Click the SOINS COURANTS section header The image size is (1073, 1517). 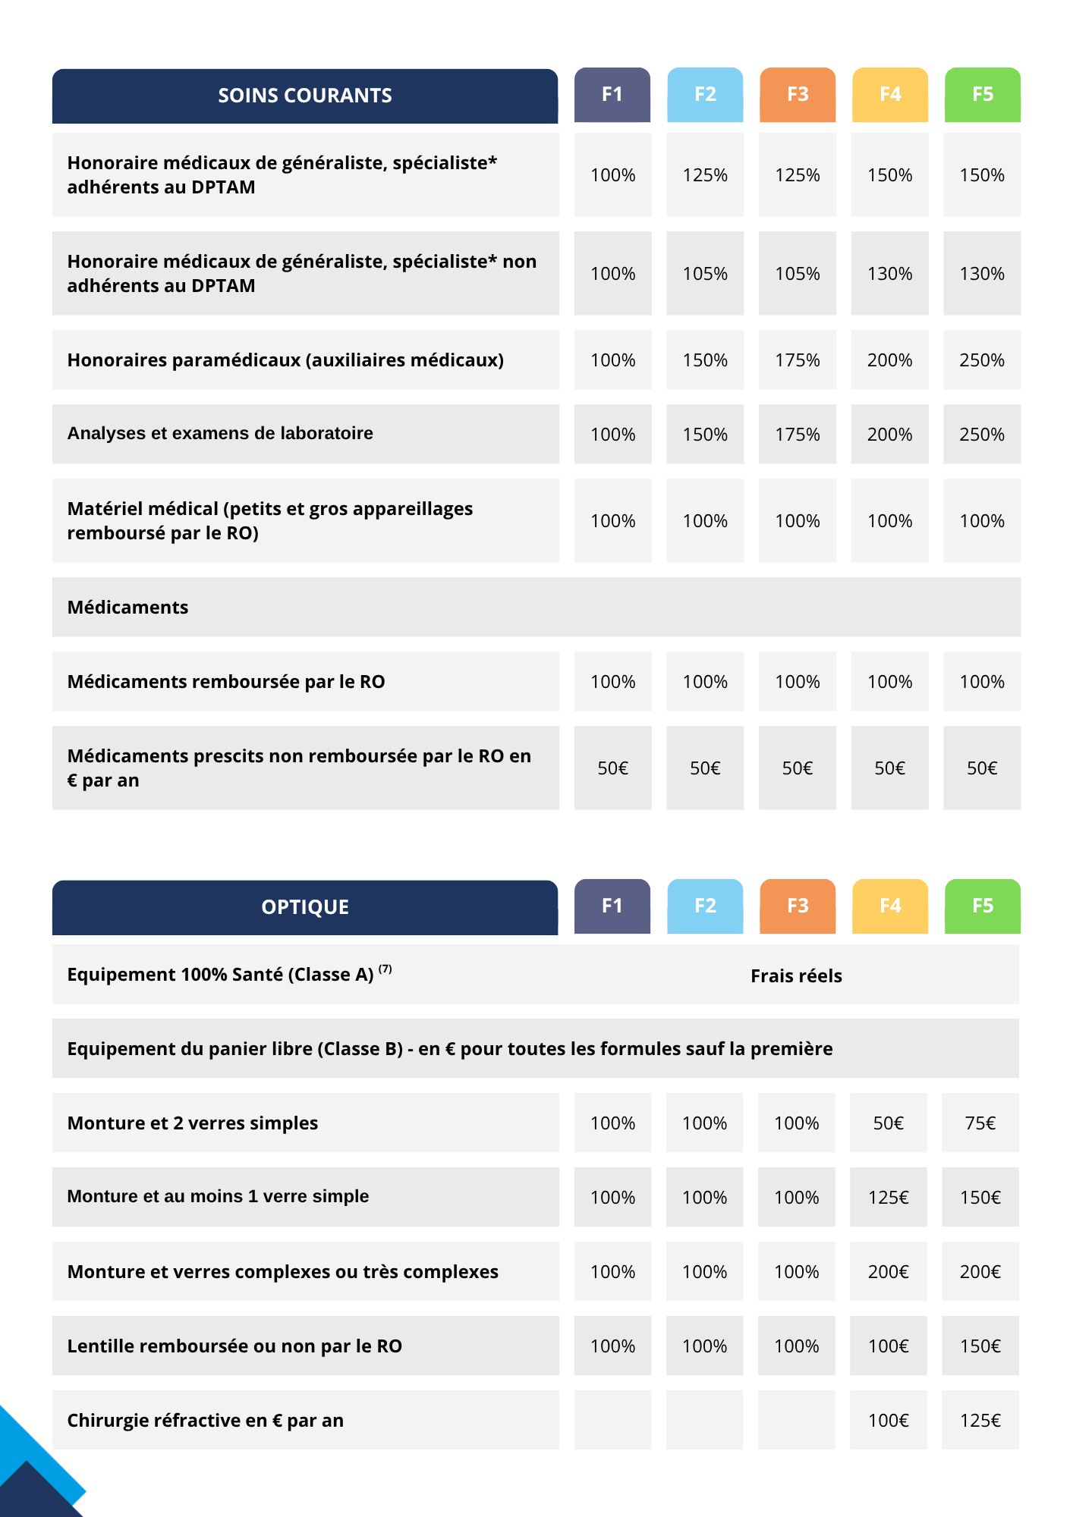(x=304, y=96)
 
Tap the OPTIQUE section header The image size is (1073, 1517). (x=304, y=907)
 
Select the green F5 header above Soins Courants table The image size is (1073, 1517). (x=982, y=94)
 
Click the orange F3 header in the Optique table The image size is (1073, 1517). (x=797, y=906)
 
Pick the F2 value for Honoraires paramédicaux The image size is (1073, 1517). (x=705, y=360)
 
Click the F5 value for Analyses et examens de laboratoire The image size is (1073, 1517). (x=982, y=435)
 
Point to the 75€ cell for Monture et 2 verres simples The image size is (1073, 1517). (x=980, y=1123)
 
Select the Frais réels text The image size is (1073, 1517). (x=796, y=976)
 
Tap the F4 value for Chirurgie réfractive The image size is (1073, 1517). (x=888, y=1421)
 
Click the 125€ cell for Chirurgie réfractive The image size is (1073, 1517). (x=980, y=1421)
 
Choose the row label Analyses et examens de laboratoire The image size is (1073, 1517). (x=220, y=433)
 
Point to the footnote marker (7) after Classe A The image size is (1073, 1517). (x=385, y=969)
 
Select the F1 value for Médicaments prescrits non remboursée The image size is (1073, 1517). (x=612, y=768)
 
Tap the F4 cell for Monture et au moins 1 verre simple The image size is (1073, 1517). (x=888, y=1198)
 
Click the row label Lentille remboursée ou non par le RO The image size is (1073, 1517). (x=234, y=1346)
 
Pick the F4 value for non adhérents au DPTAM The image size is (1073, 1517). (x=889, y=274)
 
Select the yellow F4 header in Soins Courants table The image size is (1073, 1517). (x=889, y=94)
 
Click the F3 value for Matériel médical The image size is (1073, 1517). (x=797, y=521)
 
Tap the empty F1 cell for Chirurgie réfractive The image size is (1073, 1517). (x=612, y=1420)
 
